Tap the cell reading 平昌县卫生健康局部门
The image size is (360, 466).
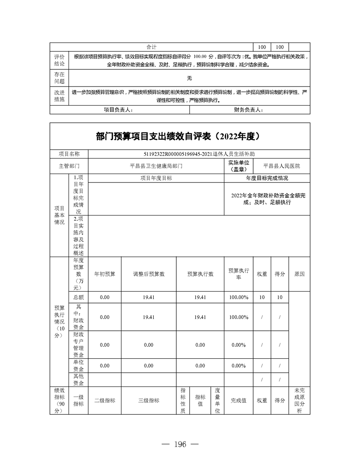(156, 166)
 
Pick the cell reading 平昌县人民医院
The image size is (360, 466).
(281, 166)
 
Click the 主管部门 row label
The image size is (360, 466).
(69, 166)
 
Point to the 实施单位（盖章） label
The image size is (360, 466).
(239, 166)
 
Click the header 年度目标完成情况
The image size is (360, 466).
(267, 178)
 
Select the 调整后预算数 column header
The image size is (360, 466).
(148, 274)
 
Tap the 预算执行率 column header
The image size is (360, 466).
(239, 274)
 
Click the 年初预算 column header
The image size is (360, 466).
(105, 274)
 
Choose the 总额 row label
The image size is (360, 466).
(78, 297)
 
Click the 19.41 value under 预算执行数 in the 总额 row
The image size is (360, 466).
(200, 297)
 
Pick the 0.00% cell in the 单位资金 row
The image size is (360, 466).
(239, 366)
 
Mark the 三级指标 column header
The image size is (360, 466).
(148, 401)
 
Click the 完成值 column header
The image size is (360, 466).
(239, 401)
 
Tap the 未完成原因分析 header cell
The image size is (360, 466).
(299, 401)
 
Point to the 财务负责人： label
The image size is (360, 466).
(248, 110)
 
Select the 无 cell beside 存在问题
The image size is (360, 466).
(189, 78)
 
